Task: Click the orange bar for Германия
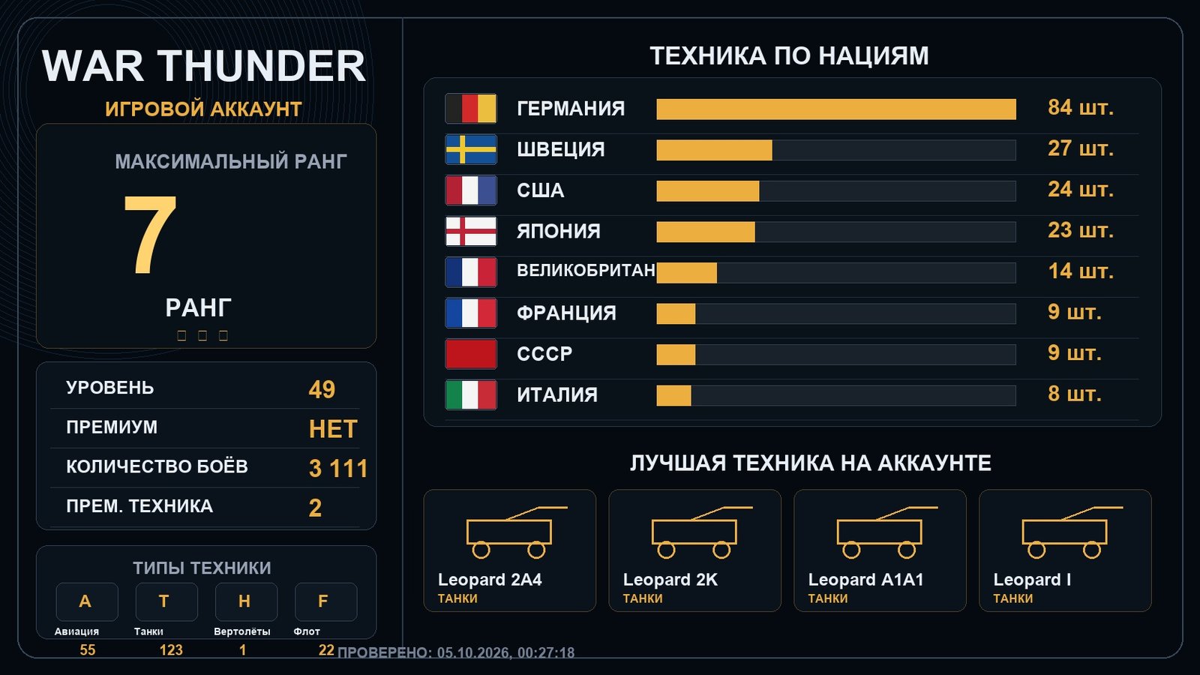[x=836, y=109]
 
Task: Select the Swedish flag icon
[x=471, y=149]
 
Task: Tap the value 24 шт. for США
[x=1081, y=190]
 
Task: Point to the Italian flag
[x=471, y=394]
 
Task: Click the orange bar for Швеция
[x=715, y=150]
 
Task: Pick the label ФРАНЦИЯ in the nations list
[x=566, y=313]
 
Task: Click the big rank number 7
[x=150, y=234]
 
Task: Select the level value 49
[x=322, y=389]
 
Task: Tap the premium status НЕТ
[x=333, y=429]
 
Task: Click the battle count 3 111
[x=338, y=469]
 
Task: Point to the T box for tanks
[x=166, y=601]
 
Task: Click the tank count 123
[x=172, y=650]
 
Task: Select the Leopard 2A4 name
[x=490, y=580]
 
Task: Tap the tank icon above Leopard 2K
[x=702, y=532]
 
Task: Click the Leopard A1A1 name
[x=865, y=580]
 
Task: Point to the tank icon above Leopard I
[x=1072, y=532]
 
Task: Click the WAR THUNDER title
[x=203, y=66]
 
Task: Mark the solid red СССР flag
[x=471, y=354]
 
